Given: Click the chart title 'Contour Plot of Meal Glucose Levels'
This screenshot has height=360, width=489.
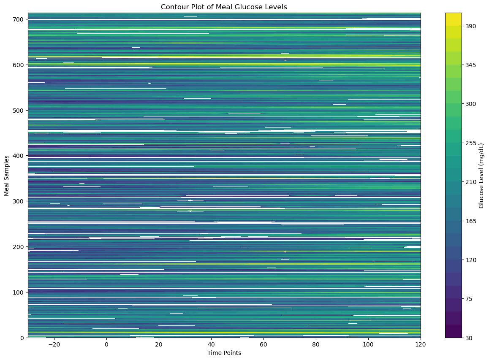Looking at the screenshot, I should coord(224,7).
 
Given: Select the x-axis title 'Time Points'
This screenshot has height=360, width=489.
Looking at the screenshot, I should coord(224,353).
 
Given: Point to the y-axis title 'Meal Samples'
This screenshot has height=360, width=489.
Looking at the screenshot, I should coord(6,175).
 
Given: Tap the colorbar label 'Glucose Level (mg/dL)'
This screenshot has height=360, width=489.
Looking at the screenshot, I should coord(481,175).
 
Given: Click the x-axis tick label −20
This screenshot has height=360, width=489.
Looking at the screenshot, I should coord(54,344).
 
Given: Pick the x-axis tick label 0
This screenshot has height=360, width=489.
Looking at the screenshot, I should coord(106,344).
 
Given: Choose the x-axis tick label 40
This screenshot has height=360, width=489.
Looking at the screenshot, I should coord(211,344).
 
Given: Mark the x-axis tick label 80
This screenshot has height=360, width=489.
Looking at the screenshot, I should coord(316,344).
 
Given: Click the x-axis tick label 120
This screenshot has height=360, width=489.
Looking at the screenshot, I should coord(421,344).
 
